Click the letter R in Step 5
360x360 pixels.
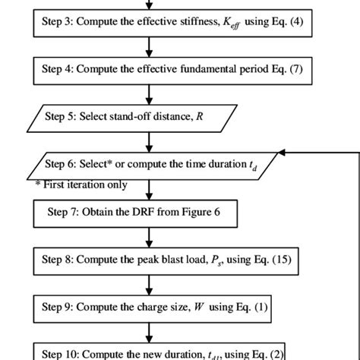(200, 116)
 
